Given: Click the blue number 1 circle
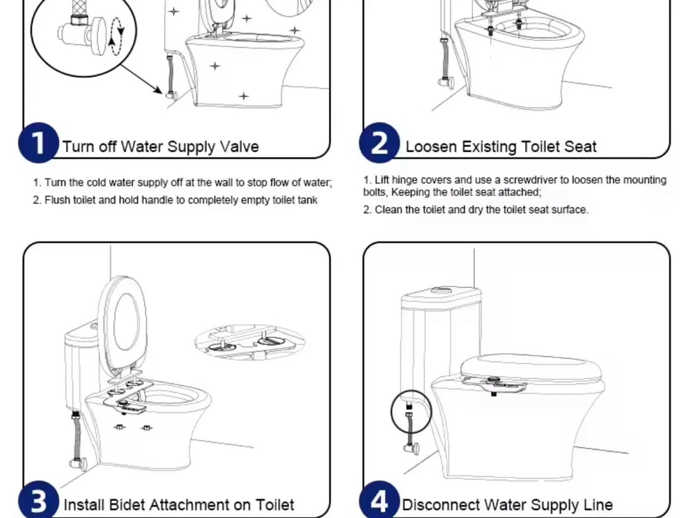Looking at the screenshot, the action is coord(38,143).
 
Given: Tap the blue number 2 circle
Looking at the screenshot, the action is coord(380,143).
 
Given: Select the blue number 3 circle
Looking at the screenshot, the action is coord(38,501).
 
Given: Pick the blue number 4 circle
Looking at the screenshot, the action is coord(380,501).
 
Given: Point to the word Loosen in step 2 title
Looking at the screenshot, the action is coord(431,147).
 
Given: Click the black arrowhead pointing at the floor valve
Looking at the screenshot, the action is coord(158,90).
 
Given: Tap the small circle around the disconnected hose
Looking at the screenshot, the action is coord(411,412).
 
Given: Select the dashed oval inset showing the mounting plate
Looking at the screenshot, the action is coord(249,342).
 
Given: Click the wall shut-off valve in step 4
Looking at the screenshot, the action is coord(412,448).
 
